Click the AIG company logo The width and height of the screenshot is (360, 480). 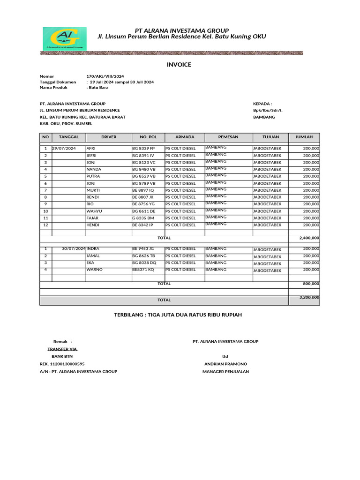(64, 38)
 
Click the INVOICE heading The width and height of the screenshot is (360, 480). (179, 65)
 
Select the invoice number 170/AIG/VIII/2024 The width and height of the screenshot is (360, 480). (105, 76)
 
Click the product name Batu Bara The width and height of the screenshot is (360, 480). (98, 87)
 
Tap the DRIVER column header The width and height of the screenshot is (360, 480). (109, 137)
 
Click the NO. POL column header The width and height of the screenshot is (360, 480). (148, 137)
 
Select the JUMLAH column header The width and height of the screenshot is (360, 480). (304, 137)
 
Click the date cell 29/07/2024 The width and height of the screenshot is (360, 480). (64, 149)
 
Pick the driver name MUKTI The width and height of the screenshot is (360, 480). (93, 190)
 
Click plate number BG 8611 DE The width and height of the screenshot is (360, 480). (143, 211)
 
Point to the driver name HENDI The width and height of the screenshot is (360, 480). (93, 225)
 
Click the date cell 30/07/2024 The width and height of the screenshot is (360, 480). (74, 248)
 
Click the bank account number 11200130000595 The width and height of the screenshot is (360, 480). (68, 364)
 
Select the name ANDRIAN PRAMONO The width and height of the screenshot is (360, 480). (225, 364)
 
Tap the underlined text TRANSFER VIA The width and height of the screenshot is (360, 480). (62, 349)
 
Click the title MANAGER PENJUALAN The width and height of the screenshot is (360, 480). (225, 371)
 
